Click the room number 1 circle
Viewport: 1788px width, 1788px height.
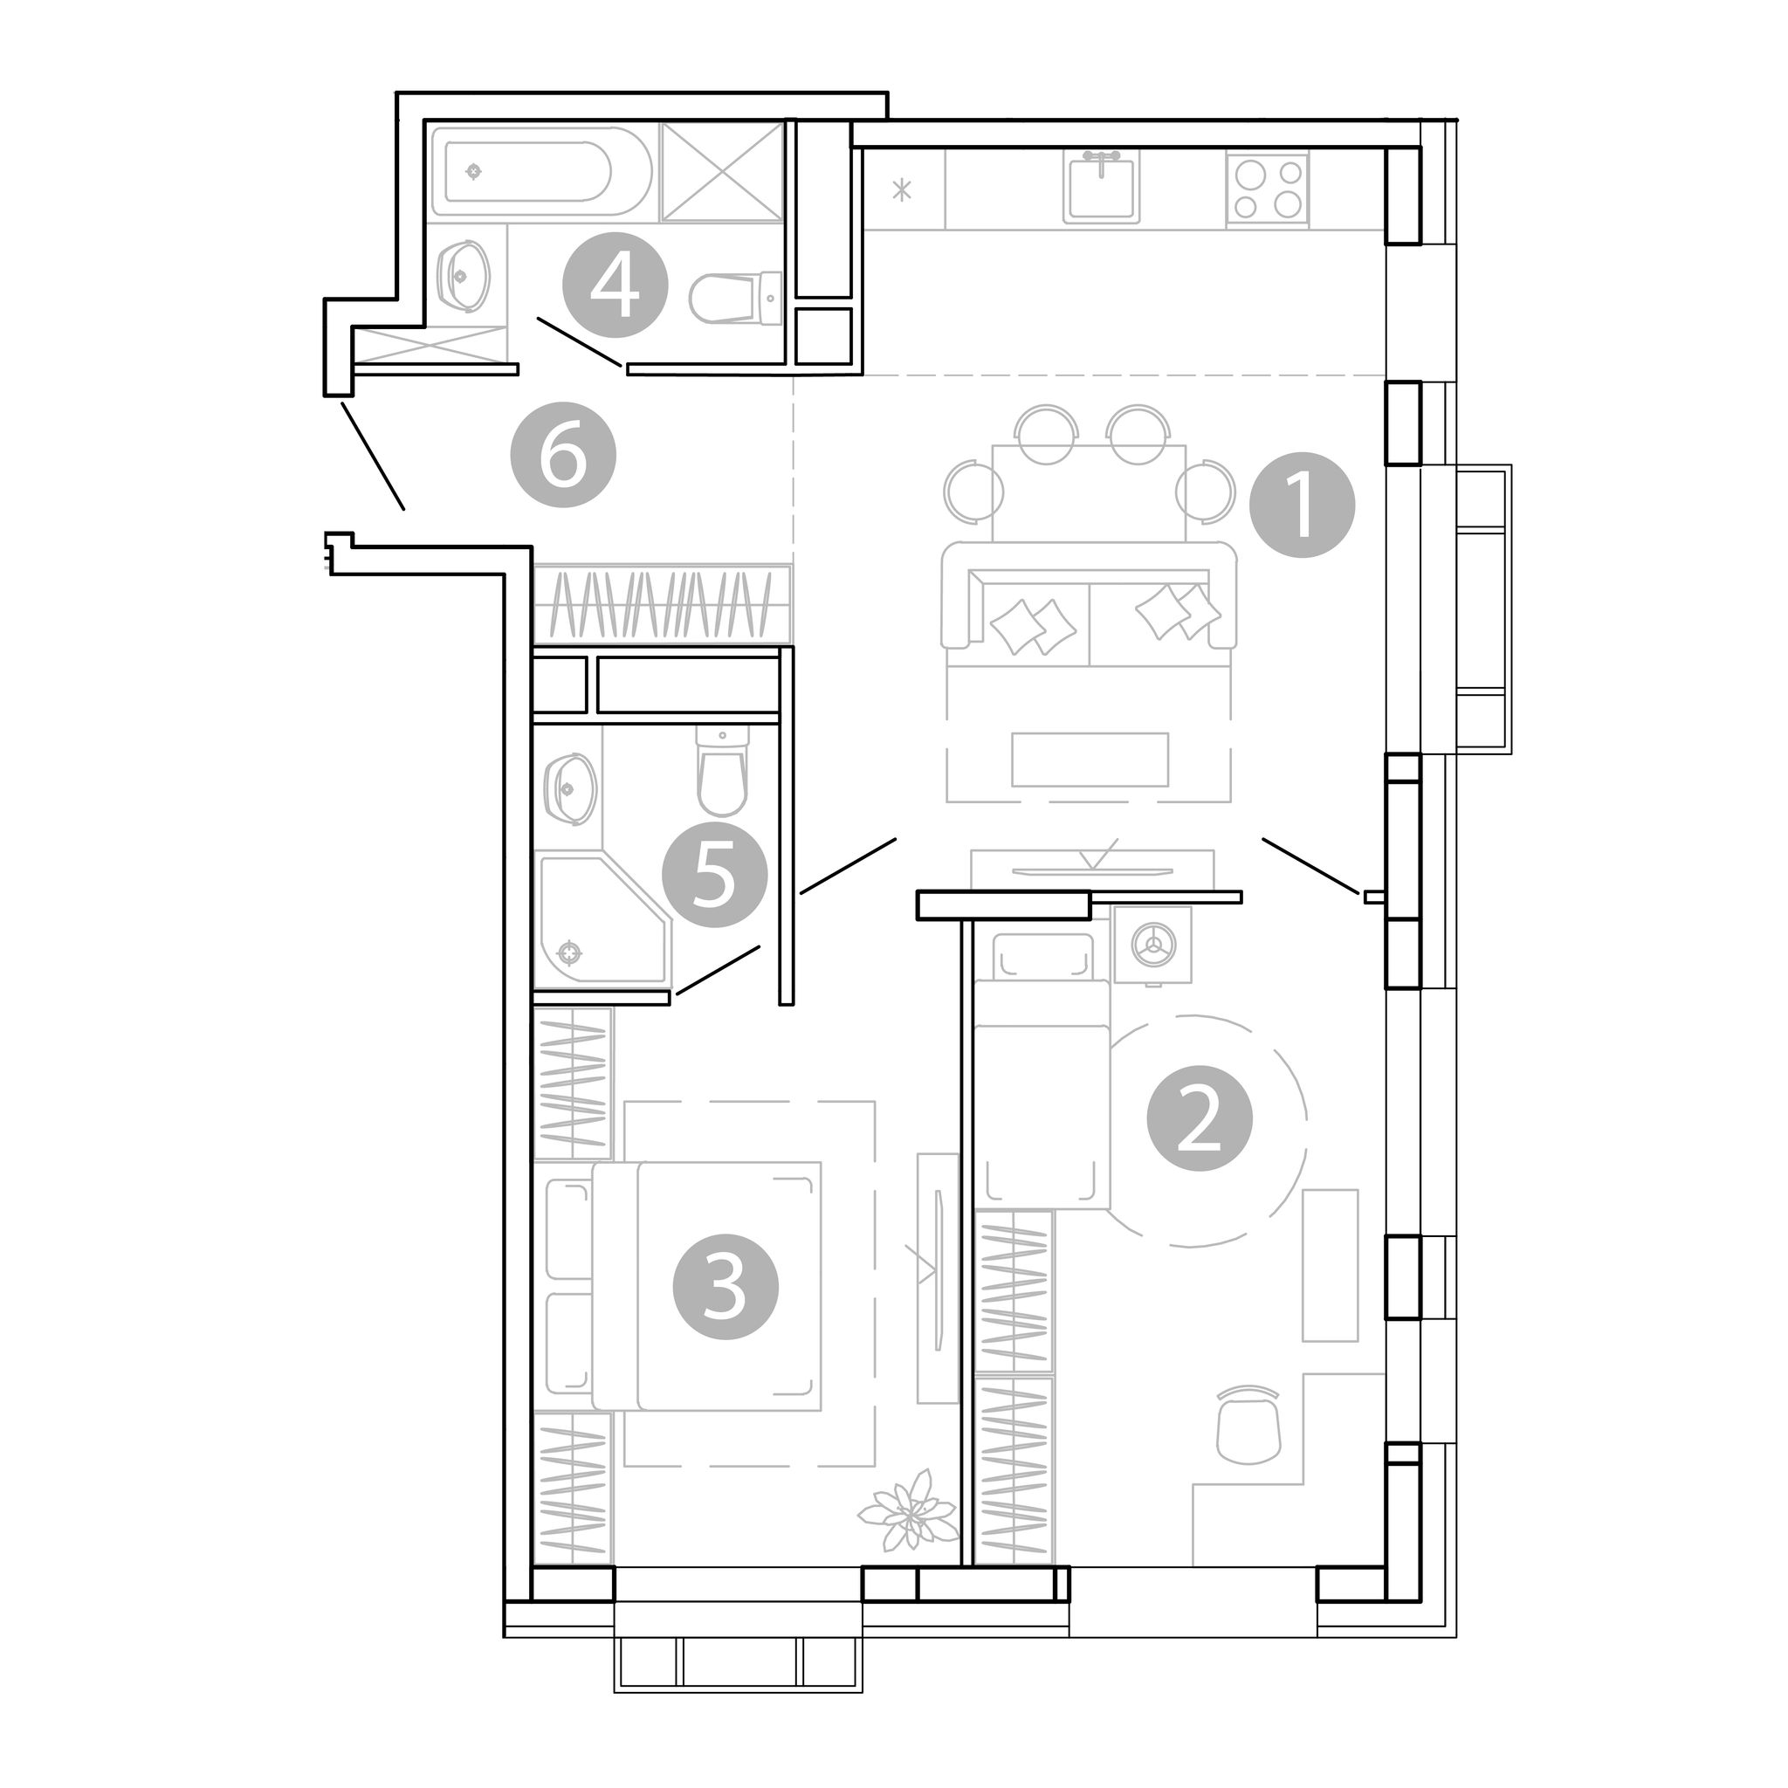(x=1302, y=505)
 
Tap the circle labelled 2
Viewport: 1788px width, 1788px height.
(x=1200, y=1119)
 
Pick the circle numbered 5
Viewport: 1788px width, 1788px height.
(x=714, y=875)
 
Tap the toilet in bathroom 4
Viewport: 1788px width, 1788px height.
(x=737, y=297)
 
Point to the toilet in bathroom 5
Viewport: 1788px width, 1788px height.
(x=722, y=770)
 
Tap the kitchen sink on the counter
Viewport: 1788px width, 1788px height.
(x=1100, y=189)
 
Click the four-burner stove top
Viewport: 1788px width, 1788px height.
(x=1267, y=189)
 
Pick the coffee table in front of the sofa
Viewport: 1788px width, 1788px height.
(x=1090, y=759)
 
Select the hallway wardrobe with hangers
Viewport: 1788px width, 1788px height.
(x=663, y=604)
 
